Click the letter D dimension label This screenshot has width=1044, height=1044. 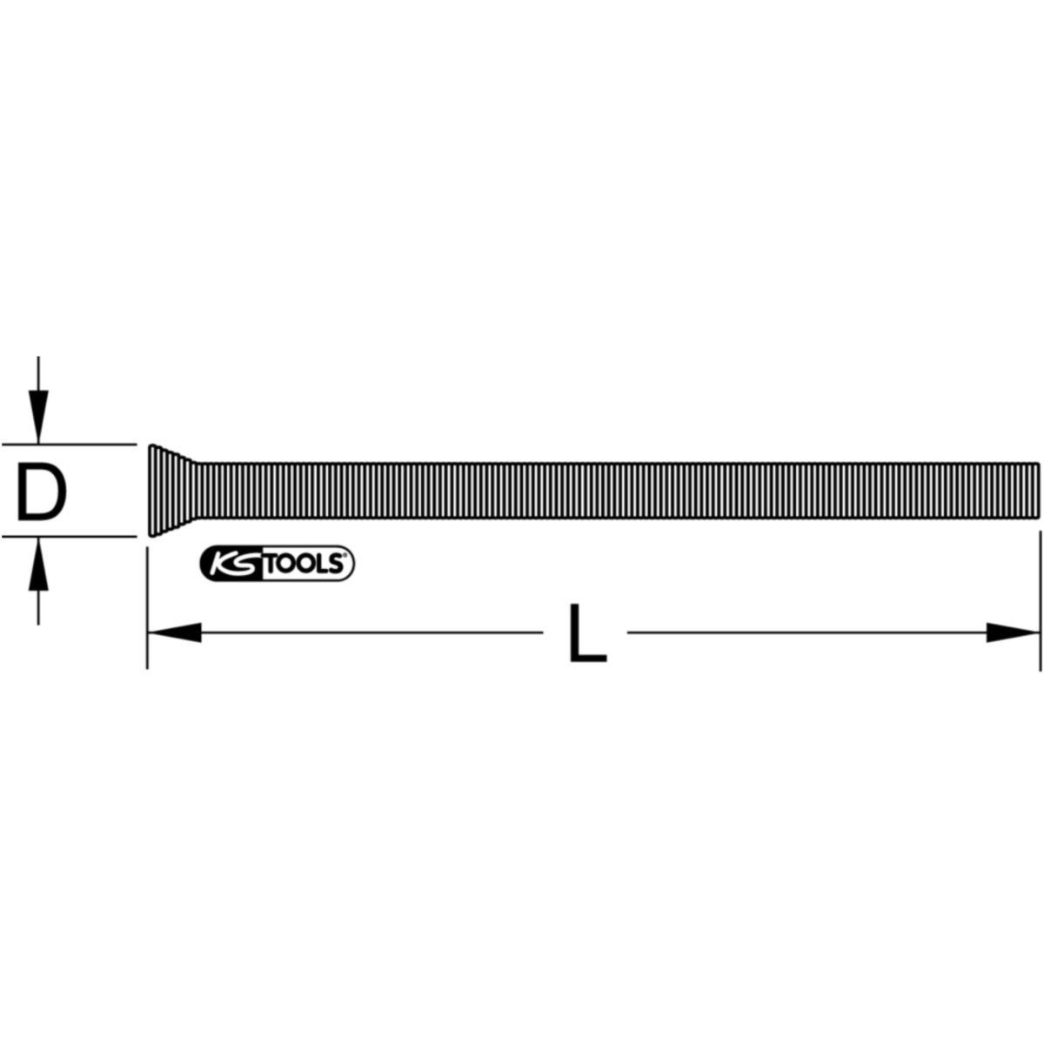(41, 490)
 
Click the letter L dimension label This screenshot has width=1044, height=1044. (587, 632)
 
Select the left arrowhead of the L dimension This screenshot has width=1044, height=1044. (174, 632)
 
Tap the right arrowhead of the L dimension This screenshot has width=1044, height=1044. (1013, 632)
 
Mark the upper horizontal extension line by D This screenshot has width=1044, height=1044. (70, 444)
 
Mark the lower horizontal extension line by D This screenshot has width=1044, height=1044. (70, 536)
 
